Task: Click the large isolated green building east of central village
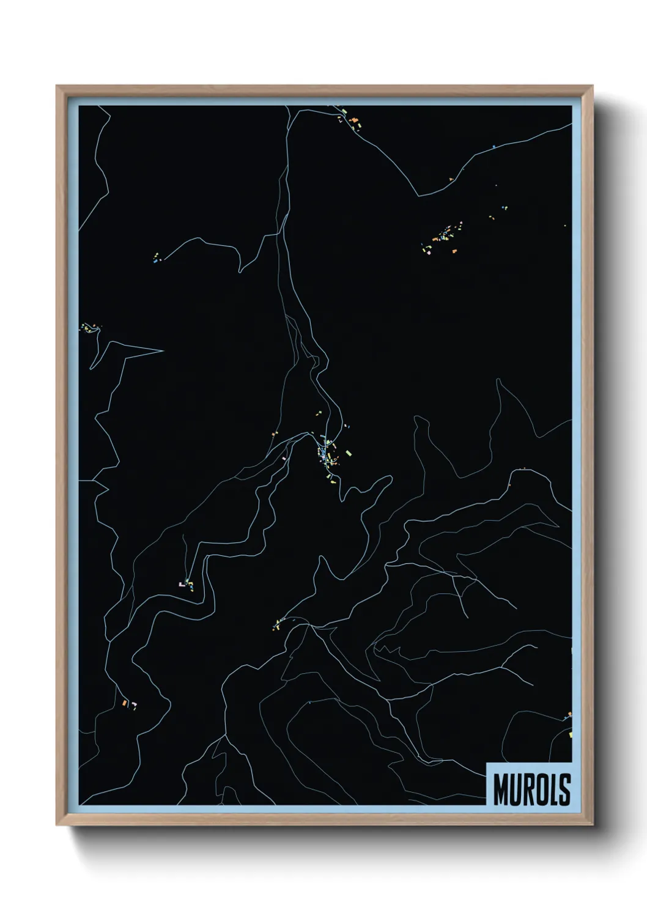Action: point(350,453)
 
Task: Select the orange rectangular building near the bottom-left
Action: point(124,704)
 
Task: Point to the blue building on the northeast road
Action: point(493,147)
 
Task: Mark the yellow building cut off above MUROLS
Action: point(569,733)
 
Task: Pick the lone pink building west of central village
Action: point(284,457)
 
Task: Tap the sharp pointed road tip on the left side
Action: point(162,351)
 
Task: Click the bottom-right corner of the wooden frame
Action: point(593,825)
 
